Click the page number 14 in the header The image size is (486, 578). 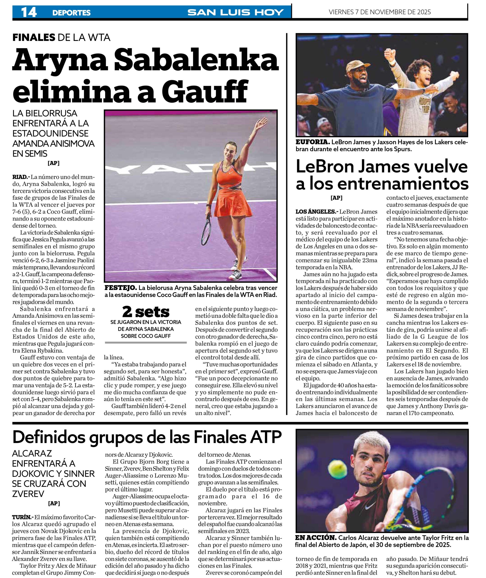point(29,12)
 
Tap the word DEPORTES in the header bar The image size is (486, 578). point(71,13)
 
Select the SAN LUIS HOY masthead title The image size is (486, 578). point(236,12)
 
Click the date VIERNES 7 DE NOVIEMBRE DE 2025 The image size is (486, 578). point(380,12)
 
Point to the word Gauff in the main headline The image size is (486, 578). point(205,91)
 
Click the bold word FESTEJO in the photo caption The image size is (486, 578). point(120,288)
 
